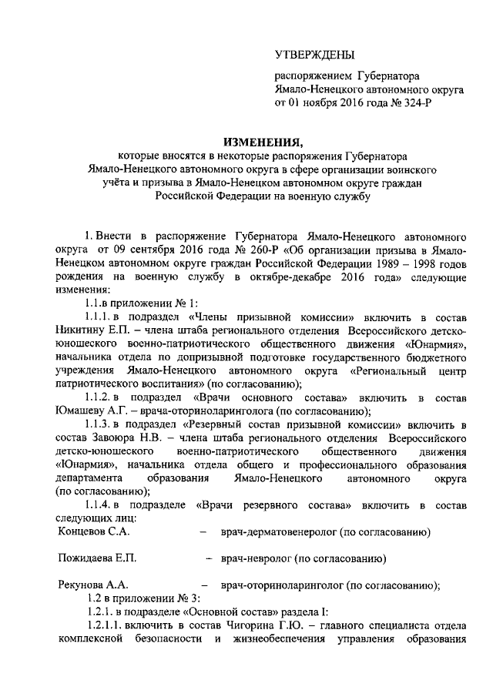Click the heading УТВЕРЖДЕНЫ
pyautogui.click(x=316, y=55)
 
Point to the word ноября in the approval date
pyautogui.click(x=326, y=103)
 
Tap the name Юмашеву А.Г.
pyautogui.click(x=93, y=410)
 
